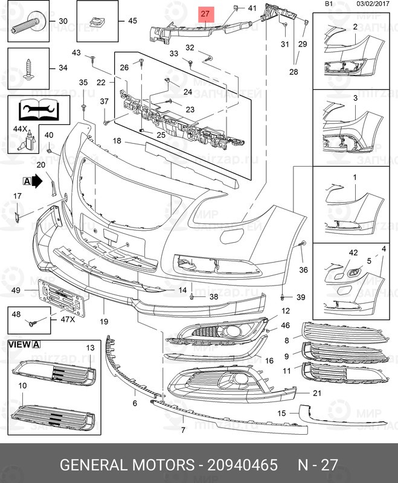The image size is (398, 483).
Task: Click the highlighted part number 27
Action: pyautogui.click(x=205, y=13)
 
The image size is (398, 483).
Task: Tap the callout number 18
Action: pyautogui.click(x=116, y=141)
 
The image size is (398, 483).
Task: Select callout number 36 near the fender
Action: pyautogui.click(x=303, y=269)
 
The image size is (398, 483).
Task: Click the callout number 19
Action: pyautogui.click(x=103, y=322)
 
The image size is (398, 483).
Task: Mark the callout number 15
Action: pyautogui.click(x=281, y=414)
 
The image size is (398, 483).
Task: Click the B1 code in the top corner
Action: pyautogui.click(x=329, y=4)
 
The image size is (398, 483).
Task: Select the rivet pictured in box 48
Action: pyautogui.click(x=33, y=324)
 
